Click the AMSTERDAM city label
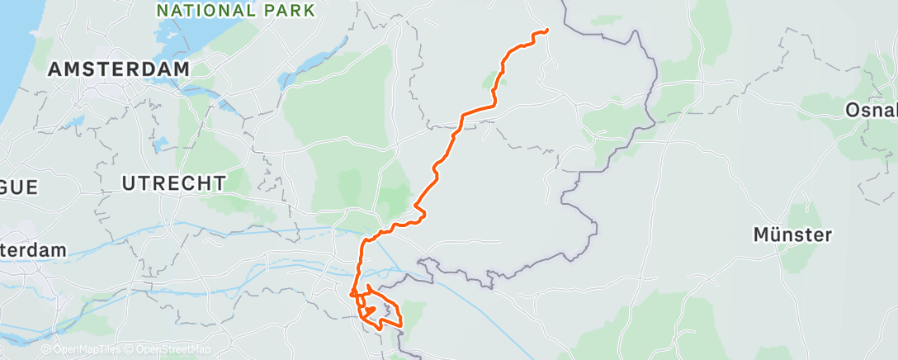click(119, 69)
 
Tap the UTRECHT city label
click(173, 183)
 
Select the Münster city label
click(792, 235)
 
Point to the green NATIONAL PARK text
click(235, 11)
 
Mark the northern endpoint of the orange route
click(546, 31)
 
